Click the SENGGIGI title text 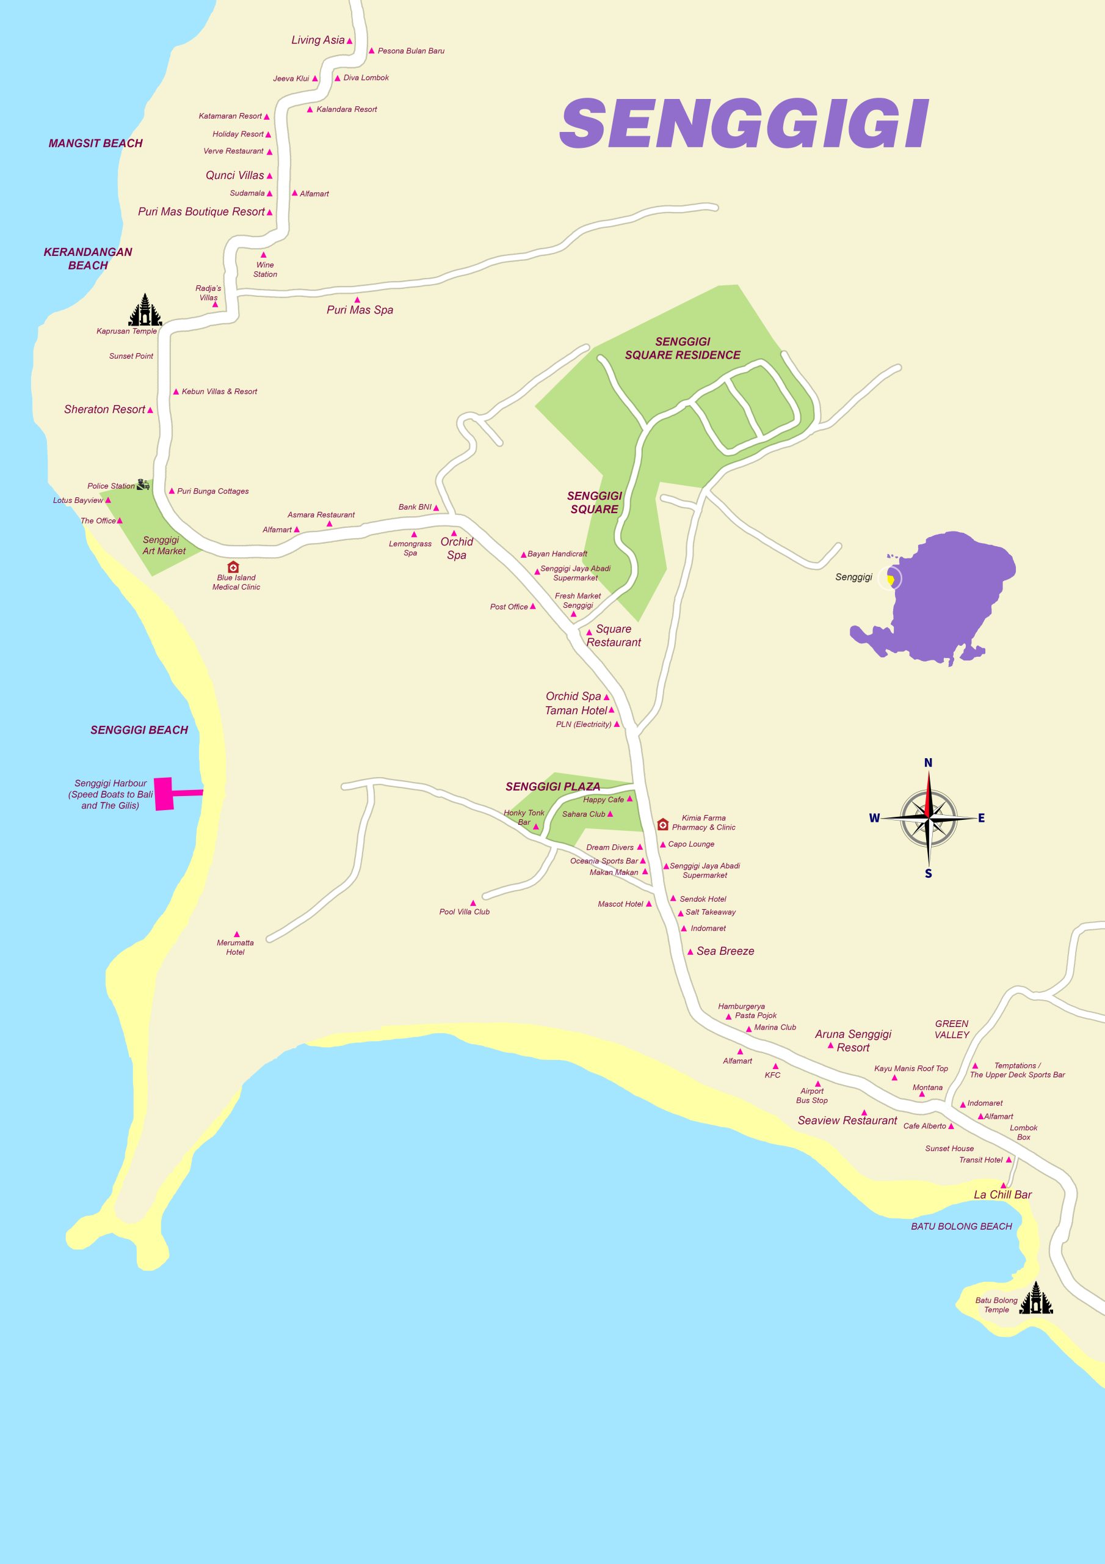click(744, 124)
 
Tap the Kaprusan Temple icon click(146, 310)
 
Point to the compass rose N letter click(927, 763)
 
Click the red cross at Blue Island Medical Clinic click(233, 567)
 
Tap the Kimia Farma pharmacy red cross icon click(662, 825)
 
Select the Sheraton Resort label click(105, 409)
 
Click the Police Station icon click(143, 485)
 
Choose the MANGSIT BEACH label click(95, 143)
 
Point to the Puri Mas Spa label click(360, 310)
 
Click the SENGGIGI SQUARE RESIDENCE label click(682, 348)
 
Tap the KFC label click(772, 1075)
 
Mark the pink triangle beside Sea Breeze click(690, 952)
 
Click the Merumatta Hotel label click(235, 948)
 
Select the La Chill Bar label click(1002, 1194)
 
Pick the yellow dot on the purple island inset click(890, 580)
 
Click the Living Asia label click(318, 40)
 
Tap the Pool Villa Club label click(465, 912)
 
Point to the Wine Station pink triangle click(264, 255)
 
